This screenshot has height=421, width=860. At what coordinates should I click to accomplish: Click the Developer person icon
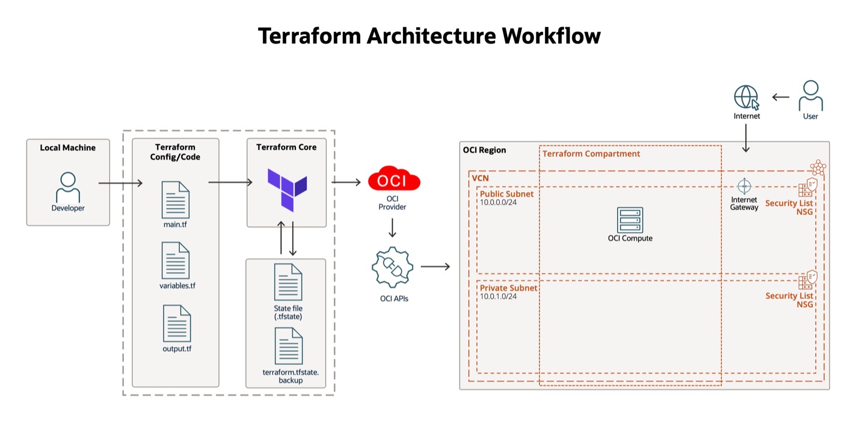(x=68, y=187)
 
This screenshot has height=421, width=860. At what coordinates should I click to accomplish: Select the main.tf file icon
(x=176, y=200)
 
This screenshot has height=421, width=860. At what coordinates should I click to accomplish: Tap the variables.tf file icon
(x=176, y=260)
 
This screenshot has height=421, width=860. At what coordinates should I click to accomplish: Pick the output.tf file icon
(x=177, y=323)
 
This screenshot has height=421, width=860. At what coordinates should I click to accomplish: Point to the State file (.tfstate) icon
(x=288, y=282)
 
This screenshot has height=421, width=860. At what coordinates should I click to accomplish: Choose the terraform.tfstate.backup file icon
(x=289, y=346)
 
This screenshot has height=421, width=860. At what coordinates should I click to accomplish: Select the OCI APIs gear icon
(x=393, y=267)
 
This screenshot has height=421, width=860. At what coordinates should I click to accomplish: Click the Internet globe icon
(x=746, y=97)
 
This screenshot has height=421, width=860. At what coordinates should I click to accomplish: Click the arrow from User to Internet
(x=781, y=96)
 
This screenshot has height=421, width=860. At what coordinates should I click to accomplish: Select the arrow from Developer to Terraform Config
(x=120, y=182)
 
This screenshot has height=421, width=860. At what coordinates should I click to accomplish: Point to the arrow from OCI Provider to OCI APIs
(x=392, y=228)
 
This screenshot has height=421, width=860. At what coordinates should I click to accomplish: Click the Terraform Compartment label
(x=591, y=154)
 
